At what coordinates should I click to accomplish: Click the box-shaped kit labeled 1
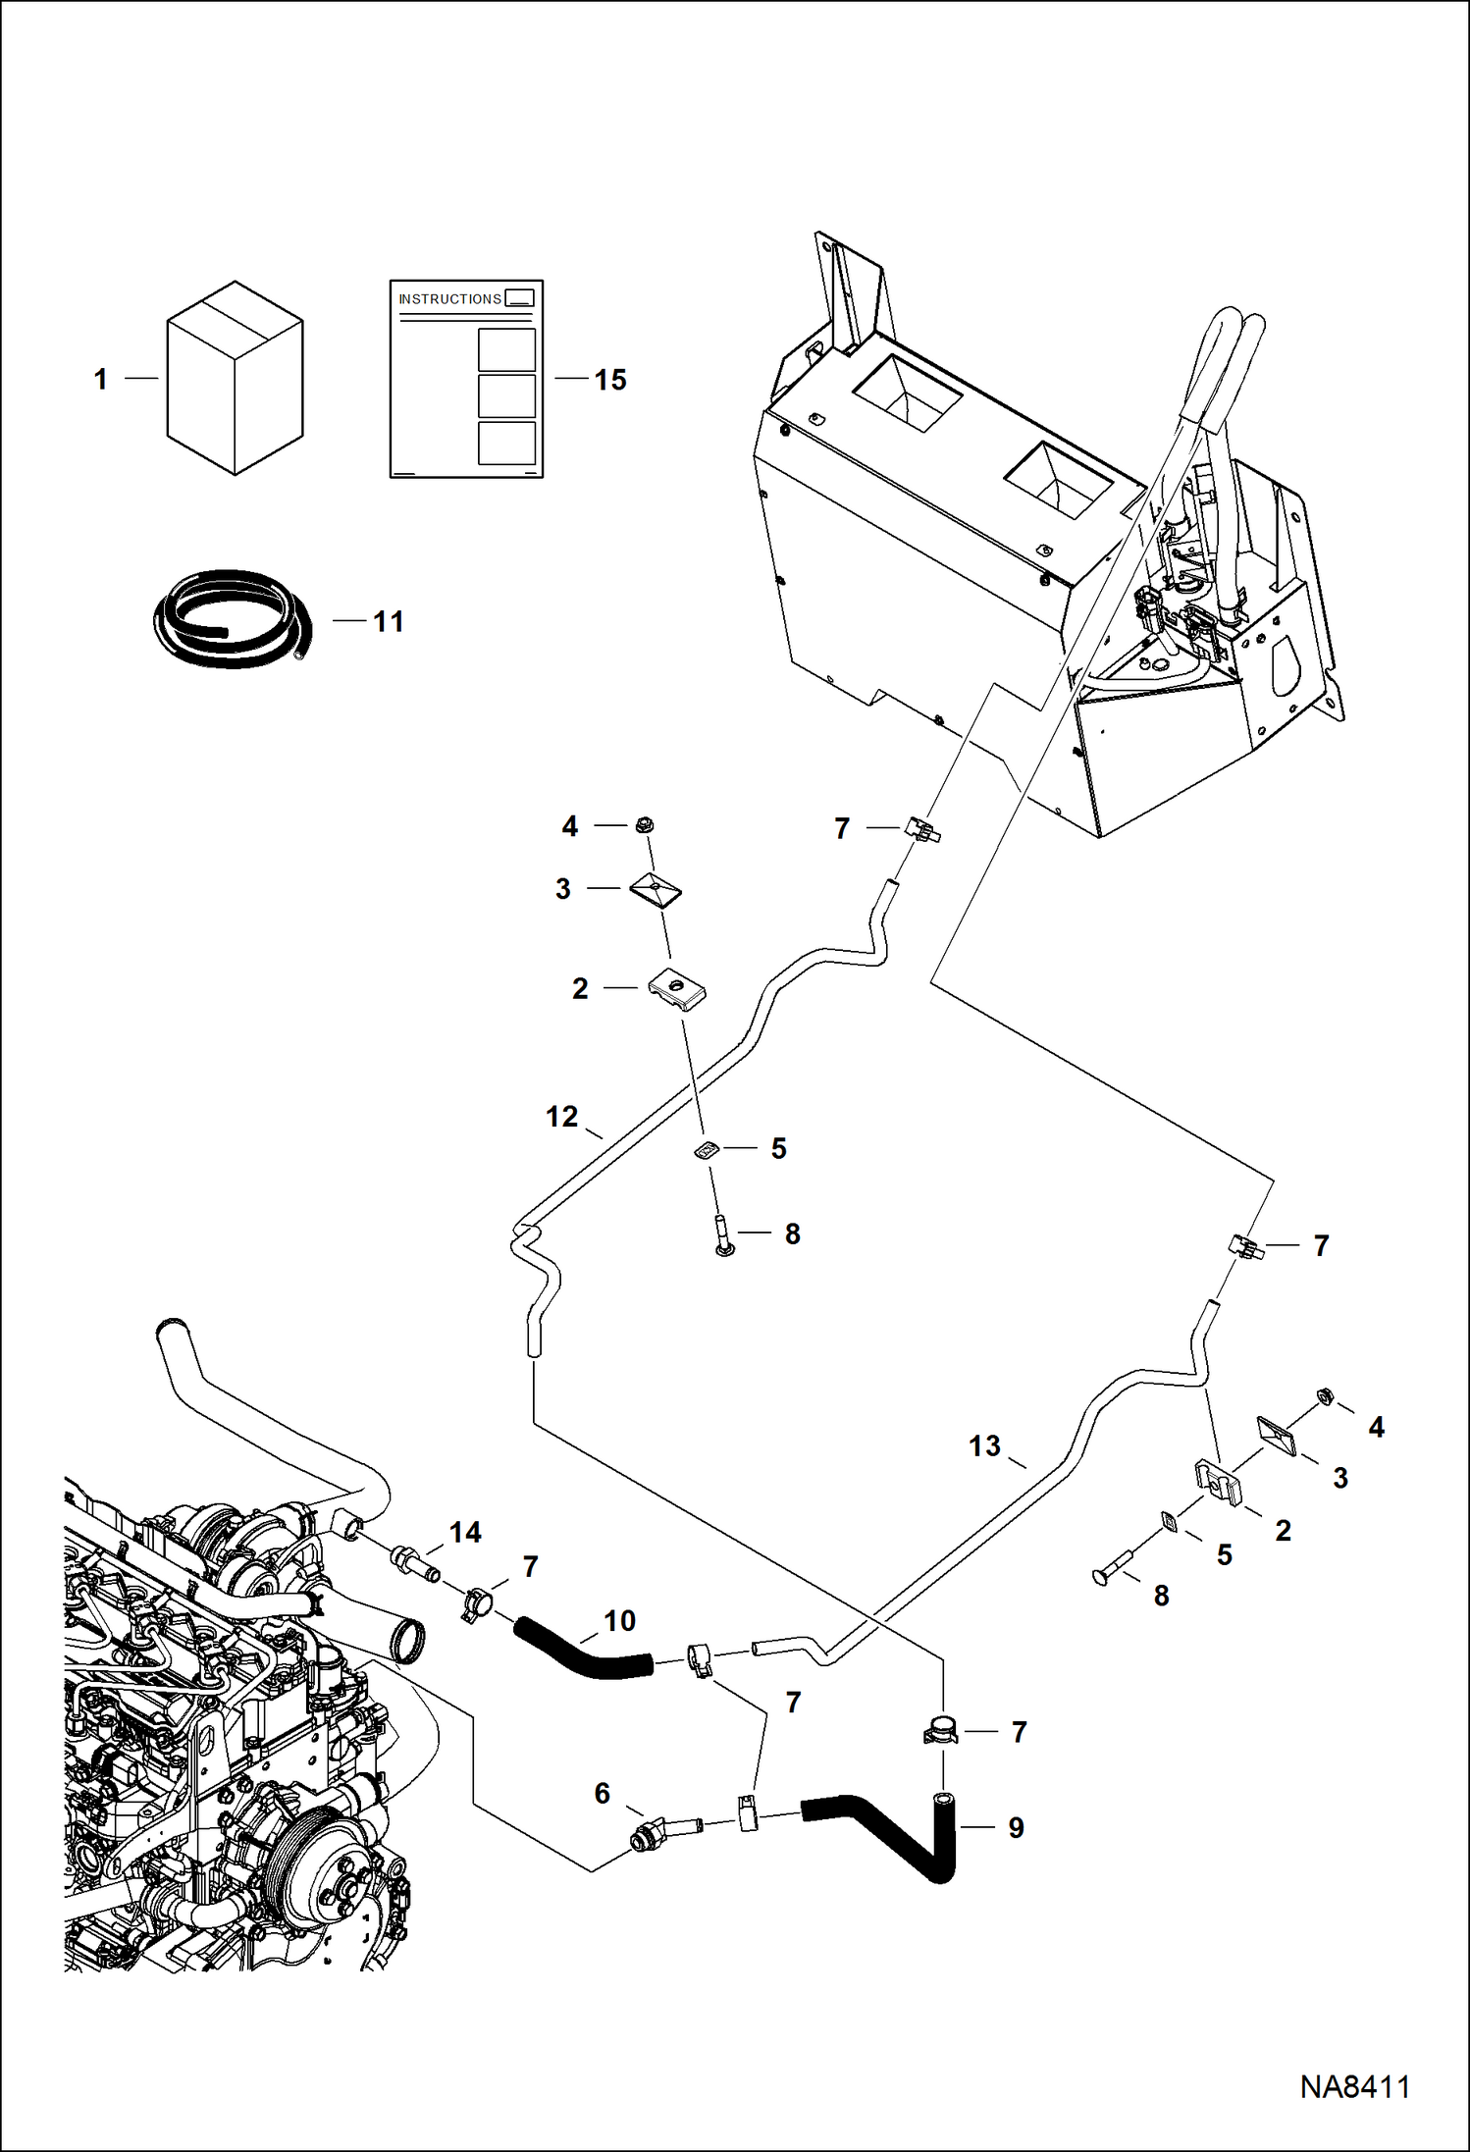[x=235, y=379]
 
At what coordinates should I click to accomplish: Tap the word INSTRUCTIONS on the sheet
[x=449, y=298]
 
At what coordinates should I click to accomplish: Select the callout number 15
[x=609, y=380]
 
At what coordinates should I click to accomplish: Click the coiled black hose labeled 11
[x=233, y=619]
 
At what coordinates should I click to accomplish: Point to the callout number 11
[x=389, y=621]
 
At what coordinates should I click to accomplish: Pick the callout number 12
[x=561, y=1116]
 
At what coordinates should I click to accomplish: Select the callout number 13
[x=983, y=1445]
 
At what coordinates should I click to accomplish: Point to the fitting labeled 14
[x=414, y=1561]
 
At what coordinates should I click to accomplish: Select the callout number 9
[x=1016, y=1827]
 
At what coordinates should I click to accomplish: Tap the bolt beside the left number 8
[x=724, y=1234]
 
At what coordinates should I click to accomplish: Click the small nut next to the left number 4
[x=644, y=825]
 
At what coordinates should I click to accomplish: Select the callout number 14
[x=465, y=1532]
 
